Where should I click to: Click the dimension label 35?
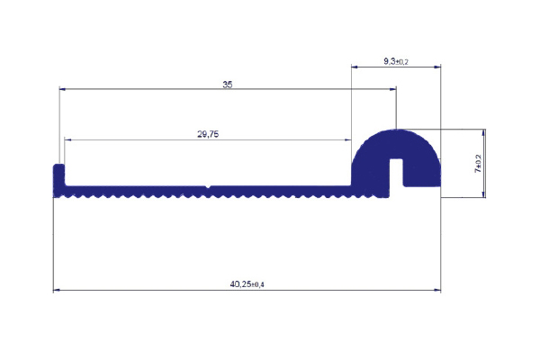click(x=228, y=85)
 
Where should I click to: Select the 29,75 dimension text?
click(x=208, y=134)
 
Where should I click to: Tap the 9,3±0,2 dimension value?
click(x=396, y=61)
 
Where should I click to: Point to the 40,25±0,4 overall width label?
click(x=247, y=284)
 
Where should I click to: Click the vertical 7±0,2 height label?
click(x=479, y=163)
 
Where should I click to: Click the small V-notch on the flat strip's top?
click(x=208, y=187)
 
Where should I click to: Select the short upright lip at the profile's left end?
click(x=58, y=175)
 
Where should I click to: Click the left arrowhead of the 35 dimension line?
click(x=62, y=89)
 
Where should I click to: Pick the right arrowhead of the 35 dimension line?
click(x=393, y=89)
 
